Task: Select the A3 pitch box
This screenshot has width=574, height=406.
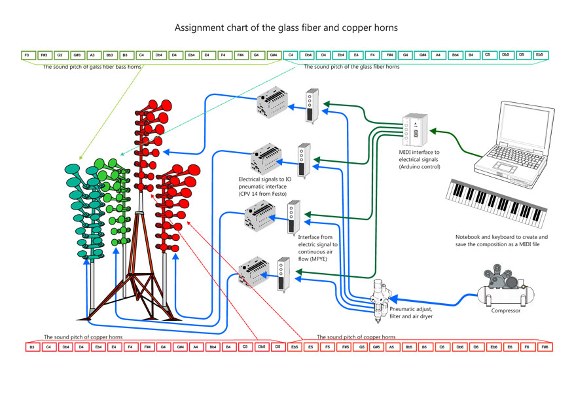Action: (x=92, y=55)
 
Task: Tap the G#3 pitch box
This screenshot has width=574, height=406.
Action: (x=76, y=55)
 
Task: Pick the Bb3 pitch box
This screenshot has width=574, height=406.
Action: (x=109, y=55)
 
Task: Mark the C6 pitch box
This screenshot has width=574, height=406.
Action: (x=442, y=346)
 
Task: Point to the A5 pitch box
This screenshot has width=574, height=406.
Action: (x=391, y=346)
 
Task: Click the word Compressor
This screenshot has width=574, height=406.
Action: (x=506, y=311)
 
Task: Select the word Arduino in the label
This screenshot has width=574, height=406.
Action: (x=417, y=167)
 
